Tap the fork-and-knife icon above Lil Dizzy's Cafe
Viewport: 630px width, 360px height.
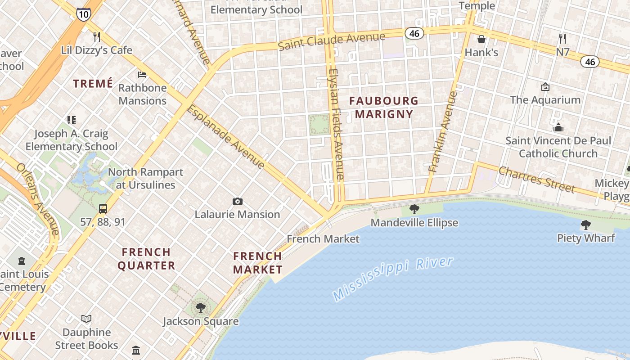96,36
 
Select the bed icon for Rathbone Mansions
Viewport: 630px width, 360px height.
142,74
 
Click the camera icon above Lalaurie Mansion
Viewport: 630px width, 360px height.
237,201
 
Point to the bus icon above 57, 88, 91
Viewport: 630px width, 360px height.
103,208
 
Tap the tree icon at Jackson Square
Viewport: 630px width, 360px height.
200,308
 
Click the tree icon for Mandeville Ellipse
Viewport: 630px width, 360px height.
414,209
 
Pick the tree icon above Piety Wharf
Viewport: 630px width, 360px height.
585,225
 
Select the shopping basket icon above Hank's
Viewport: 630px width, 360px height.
481,39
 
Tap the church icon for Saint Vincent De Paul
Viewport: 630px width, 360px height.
558,127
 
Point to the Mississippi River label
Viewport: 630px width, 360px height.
392,279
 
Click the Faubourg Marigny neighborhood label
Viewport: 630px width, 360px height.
384,107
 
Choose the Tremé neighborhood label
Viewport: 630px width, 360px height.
93,83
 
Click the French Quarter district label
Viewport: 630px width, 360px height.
146,258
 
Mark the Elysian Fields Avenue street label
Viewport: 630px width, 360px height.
336,124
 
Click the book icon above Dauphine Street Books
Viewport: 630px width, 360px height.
86,319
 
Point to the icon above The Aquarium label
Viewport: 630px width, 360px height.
545,86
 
